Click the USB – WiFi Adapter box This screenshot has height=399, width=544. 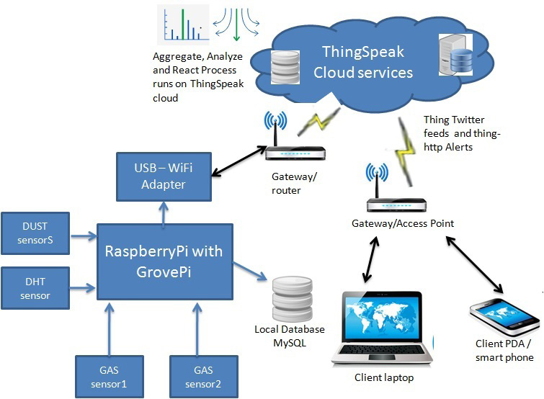[164, 176]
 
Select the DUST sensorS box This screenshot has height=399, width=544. [35, 233]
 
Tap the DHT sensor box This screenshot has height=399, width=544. [35, 288]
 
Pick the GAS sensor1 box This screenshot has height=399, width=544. [110, 377]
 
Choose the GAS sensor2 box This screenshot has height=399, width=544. [204, 377]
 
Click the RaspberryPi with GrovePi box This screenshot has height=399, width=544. [165, 261]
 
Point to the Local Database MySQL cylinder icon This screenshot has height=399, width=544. [293, 299]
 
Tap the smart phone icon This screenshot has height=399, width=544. [504, 316]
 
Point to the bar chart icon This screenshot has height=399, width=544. [183, 24]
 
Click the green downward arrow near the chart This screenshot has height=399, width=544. [236, 24]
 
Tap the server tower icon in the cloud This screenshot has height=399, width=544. [455, 55]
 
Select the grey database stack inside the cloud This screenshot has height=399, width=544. [285, 67]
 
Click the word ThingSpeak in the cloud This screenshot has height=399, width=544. [363, 52]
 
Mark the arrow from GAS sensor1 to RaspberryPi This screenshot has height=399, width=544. [110, 329]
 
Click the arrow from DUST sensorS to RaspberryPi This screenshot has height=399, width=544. [84, 236]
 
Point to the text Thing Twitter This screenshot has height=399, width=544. [454, 120]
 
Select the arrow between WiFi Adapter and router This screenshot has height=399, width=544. [238, 161]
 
